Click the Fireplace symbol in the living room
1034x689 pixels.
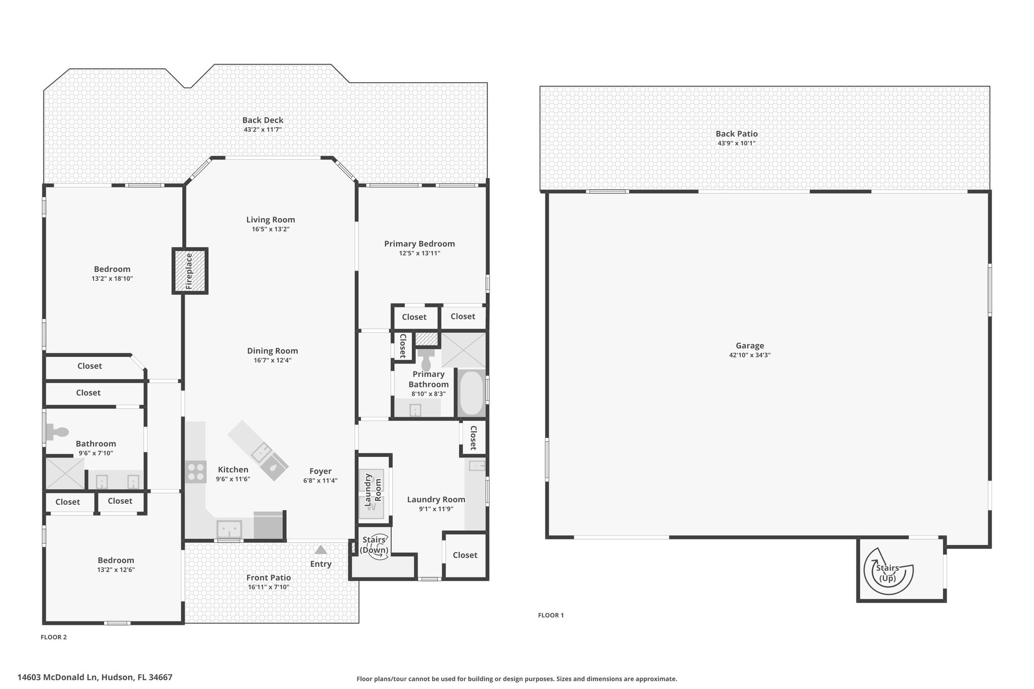tap(190, 271)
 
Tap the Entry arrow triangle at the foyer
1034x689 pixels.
tap(321, 550)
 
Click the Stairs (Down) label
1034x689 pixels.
tap(374, 545)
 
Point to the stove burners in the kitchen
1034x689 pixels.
tap(195, 471)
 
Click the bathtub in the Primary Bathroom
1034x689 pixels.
tap(472, 393)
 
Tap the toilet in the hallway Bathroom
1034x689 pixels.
tap(57, 432)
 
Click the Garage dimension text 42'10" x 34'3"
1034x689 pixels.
tap(750, 355)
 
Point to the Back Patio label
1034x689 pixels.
tap(737, 134)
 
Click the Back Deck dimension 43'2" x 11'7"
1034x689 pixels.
tap(263, 130)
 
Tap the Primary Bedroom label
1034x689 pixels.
tap(420, 244)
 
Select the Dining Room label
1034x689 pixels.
tap(273, 351)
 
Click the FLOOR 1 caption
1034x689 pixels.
tap(551, 615)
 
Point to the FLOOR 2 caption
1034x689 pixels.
tap(54, 637)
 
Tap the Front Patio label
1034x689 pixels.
tap(269, 578)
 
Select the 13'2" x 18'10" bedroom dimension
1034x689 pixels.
tap(112, 279)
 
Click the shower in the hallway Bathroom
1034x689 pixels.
tap(65, 473)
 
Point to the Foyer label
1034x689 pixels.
tap(321, 471)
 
